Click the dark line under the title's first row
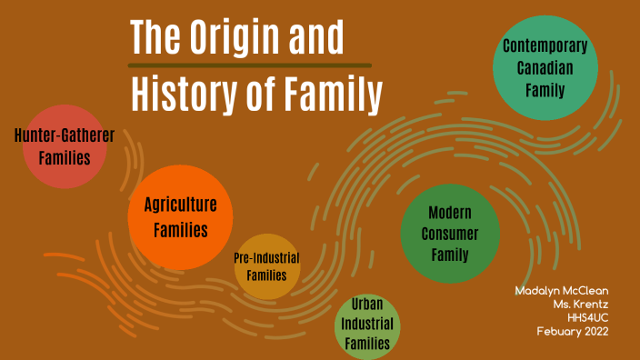[x=249, y=65]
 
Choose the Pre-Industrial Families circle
[x=266, y=265]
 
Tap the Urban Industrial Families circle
[x=367, y=325]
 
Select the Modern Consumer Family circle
[x=450, y=234]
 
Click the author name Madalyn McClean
[x=561, y=290]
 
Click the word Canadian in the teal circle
[x=545, y=68]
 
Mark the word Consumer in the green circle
[x=450, y=234]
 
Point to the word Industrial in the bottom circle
[x=367, y=325]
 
